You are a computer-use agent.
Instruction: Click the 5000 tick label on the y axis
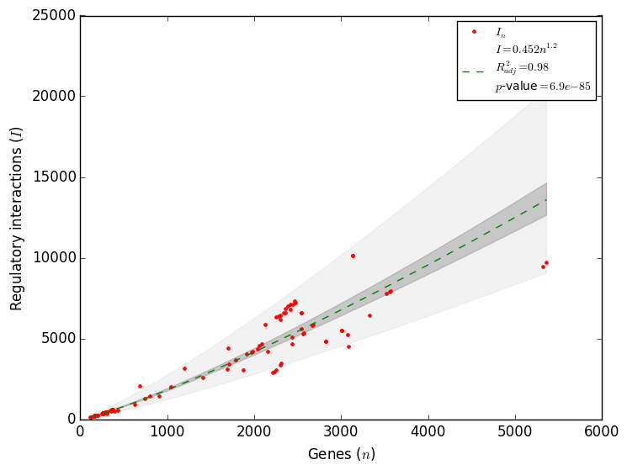coord(56,339)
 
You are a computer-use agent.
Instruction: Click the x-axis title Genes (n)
coord(341,455)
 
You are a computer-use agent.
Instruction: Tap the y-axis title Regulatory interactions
coord(17,218)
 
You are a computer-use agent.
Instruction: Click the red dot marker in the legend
coord(474,32)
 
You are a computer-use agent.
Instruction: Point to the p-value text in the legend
coord(542,86)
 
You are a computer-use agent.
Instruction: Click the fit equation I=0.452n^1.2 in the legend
coord(526,49)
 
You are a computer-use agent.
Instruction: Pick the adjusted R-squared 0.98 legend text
coord(522,67)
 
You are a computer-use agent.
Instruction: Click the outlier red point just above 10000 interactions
coord(353,256)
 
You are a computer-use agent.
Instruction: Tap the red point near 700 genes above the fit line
coord(140,386)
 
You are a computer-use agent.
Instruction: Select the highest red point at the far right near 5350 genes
coord(546,262)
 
